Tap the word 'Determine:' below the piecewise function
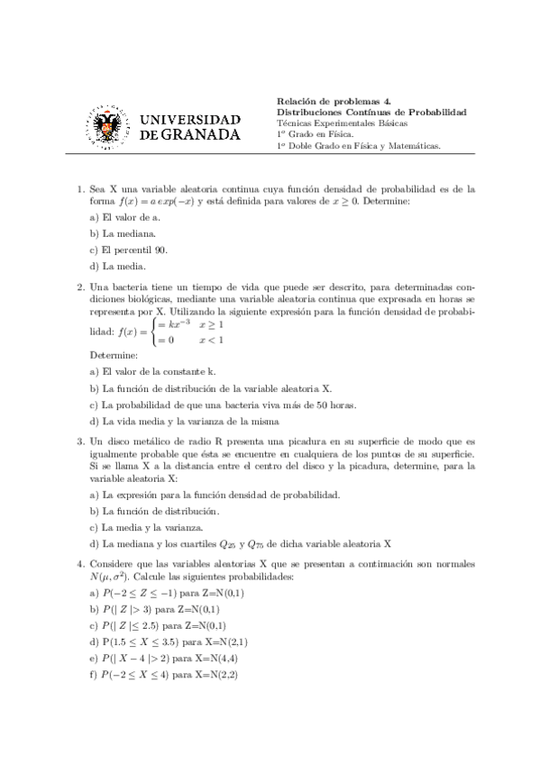[114, 356]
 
